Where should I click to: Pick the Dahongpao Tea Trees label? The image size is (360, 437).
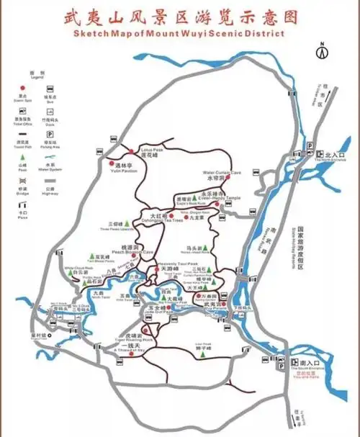pos(159,220)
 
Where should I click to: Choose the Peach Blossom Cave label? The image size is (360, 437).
pos(136,252)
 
